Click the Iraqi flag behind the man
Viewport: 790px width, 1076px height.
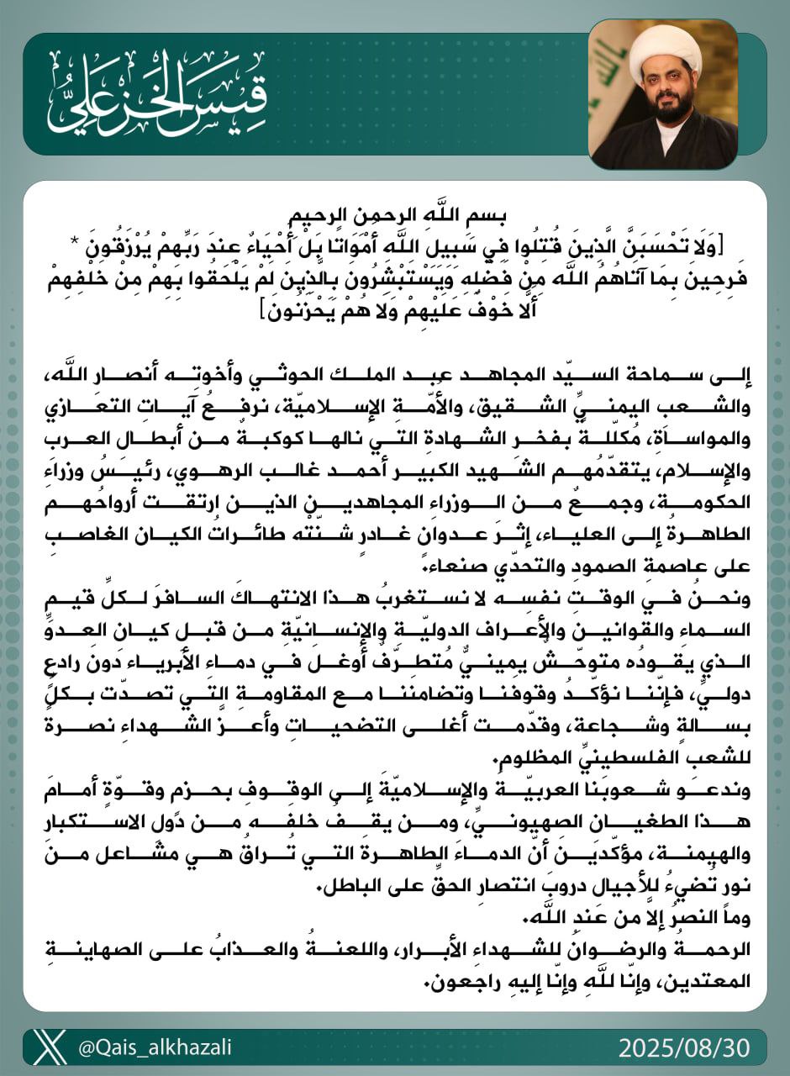pos(723,84)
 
